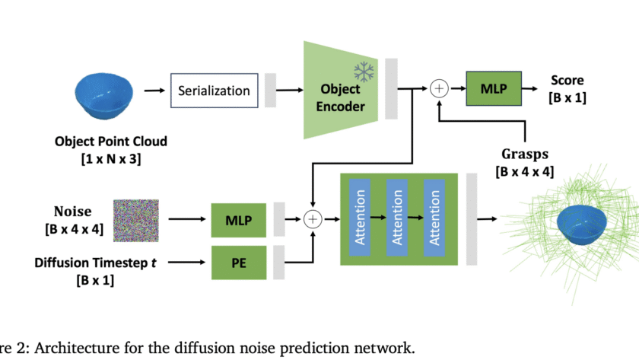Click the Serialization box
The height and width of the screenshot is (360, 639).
click(x=213, y=91)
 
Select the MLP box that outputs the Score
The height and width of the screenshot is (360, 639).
click(x=494, y=89)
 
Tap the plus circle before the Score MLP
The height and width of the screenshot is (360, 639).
click(x=439, y=89)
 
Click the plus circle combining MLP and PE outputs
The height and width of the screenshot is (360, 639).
click(x=313, y=219)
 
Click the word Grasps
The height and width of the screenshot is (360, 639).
click(x=526, y=155)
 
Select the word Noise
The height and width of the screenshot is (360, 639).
click(x=72, y=212)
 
